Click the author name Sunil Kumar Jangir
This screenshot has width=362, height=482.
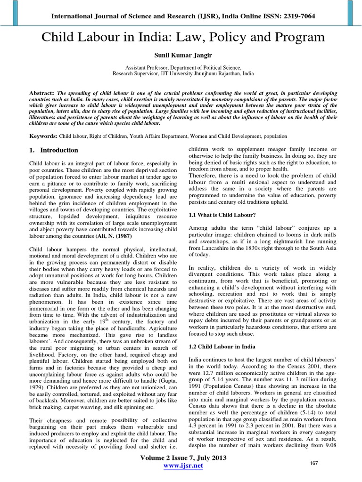coord(181,56)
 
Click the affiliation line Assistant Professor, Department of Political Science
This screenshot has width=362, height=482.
coord(181,68)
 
